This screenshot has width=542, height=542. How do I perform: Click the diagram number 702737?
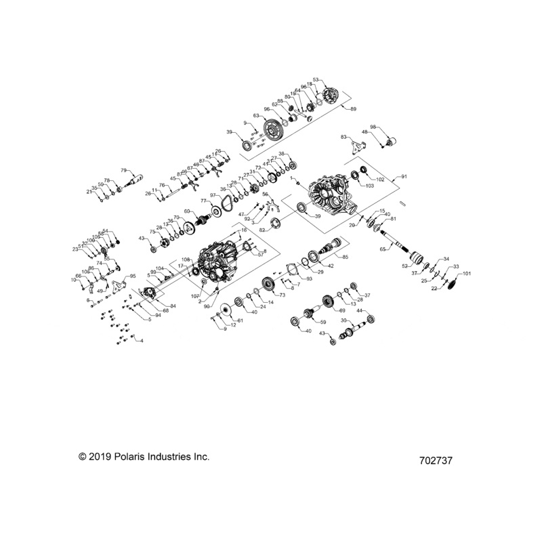436,460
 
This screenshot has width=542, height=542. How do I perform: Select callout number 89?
353,108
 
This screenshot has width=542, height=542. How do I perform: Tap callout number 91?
404,176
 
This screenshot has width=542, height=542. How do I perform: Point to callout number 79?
124,170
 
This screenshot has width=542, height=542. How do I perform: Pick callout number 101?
466,274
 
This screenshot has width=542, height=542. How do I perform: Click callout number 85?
346,257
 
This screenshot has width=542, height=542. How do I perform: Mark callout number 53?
315,80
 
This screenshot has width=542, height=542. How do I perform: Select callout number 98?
373,127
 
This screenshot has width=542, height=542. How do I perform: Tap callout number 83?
344,137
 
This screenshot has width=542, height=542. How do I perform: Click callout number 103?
369,185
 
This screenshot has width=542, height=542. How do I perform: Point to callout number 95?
133,276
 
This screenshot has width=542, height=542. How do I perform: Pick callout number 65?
382,249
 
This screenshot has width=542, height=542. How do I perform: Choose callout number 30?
343,320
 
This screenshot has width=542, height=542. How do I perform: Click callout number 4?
142,341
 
